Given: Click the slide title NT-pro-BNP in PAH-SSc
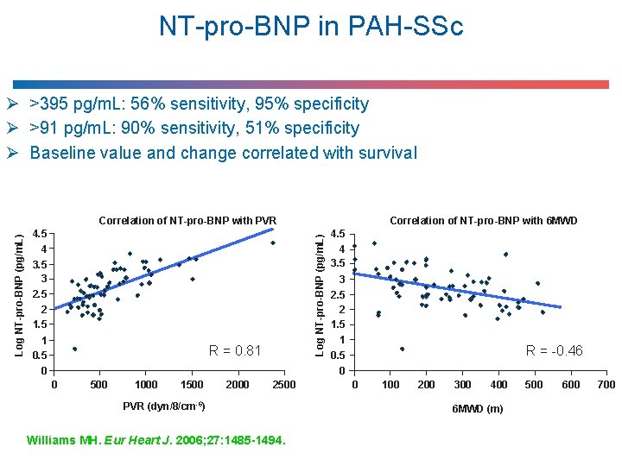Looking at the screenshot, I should [x=311, y=27].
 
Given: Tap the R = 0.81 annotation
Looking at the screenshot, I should [x=235, y=350].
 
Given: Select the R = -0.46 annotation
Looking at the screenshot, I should [x=555, y=350].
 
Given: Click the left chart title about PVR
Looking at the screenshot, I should [x=187, y=221].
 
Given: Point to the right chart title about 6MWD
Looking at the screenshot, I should [x=484, y=221].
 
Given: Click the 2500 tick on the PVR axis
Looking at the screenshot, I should [x=283, y=385].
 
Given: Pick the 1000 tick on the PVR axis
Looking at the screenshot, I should [x=146, y=385].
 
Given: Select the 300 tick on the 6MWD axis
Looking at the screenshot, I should [x=463, y=385].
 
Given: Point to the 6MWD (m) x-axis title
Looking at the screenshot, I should [x=478, y=408].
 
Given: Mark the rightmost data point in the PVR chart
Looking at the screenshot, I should [x=272, y=242].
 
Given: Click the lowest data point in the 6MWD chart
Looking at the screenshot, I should [x=402, y=349].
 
